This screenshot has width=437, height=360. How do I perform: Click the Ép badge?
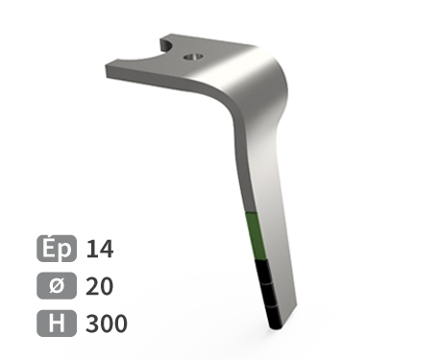coord(57,249)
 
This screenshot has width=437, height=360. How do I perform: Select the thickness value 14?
coord(99,250)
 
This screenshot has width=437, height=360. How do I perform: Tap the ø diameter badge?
coord(57,286)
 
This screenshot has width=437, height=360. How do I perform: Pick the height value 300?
coord(106,324)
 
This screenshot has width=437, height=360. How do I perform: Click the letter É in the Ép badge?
coord(50,249)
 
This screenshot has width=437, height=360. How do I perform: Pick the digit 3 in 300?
coord(92,324)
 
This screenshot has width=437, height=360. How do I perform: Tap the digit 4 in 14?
coord(106,250)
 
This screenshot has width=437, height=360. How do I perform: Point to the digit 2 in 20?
coord(93,286)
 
